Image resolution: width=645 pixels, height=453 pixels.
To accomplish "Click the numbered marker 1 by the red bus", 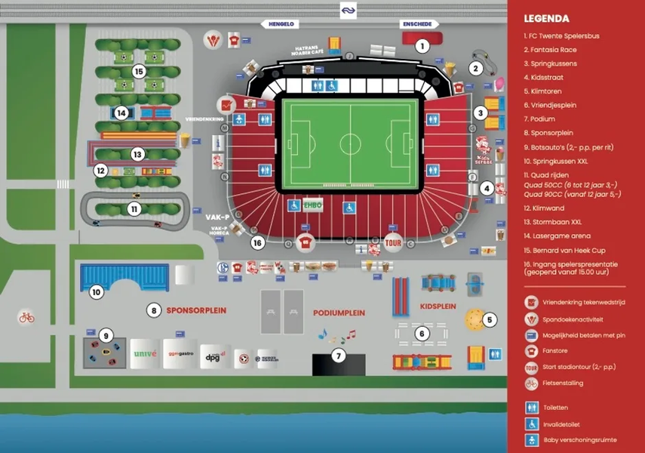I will click(422, 46).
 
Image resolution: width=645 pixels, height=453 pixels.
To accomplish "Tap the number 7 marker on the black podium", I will click(339, 357).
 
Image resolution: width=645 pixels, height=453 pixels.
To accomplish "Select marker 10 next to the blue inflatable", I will click(97, 292).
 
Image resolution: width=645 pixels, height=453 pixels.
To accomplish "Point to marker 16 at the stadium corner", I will click(257, 243).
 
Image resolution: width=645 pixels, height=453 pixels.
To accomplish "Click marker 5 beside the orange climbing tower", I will click(489, 320).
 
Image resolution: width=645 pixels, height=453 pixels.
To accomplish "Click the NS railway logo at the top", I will click(348, 10).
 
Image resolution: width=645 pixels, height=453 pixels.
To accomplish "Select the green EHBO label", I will click(312, 205).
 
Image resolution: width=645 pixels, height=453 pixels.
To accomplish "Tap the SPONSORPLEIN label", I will click(187, 310).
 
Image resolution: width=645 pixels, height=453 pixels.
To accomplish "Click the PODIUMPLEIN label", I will click(339, 313).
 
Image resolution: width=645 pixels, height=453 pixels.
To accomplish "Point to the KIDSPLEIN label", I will click(438, 307).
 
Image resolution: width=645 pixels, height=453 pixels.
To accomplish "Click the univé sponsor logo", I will click(145, 353).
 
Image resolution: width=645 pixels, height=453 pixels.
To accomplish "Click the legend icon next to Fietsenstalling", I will click(531, 383).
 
